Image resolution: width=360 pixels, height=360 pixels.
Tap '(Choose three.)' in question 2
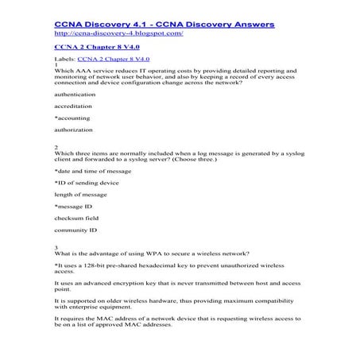(x=234, y=158)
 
